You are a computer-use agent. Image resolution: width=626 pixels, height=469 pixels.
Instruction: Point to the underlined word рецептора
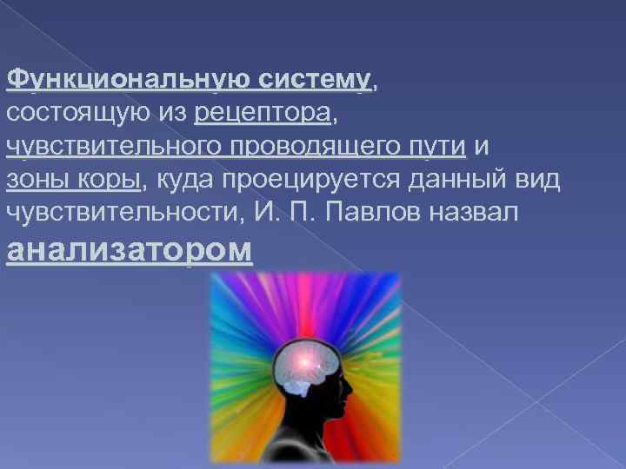click(x=263, y=114)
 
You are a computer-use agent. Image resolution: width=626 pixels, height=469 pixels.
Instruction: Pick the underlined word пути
click(x=438, y=147)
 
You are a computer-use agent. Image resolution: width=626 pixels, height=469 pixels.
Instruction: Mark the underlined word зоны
click(x=39, y=180)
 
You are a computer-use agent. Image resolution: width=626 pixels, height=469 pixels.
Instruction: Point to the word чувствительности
click(x=121, y=213)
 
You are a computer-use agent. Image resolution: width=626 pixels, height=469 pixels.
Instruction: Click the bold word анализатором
click(x=130, y=249)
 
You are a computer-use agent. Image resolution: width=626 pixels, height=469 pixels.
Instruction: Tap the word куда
click(x=187, y=180)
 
